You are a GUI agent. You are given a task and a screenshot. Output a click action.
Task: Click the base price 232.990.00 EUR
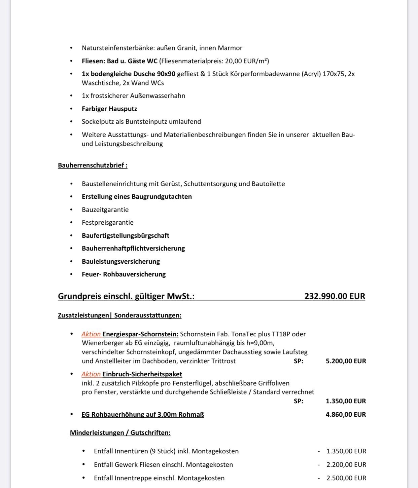coord(335,296)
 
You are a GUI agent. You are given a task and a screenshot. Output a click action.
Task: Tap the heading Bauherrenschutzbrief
coord(93,165)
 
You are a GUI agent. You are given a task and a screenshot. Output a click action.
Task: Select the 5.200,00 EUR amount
coord(346,361)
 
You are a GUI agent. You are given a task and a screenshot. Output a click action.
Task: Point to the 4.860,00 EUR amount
coord(346,414)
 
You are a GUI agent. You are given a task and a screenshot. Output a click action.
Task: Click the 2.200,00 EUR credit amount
coord(346,464)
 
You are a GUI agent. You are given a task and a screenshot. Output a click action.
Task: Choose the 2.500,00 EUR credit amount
coord(346,478)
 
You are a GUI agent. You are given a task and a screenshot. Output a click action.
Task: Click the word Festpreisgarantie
coord(108,222)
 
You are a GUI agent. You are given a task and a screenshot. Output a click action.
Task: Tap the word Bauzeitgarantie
coord(105,210)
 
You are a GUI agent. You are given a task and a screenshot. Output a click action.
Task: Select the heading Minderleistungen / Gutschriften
coord(120,433)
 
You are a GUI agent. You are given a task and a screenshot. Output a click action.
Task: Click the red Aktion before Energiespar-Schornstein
coord(91,334)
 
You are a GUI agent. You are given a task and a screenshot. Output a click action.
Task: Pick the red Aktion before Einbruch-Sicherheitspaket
coord(91,374)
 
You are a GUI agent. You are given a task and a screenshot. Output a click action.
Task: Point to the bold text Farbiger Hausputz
coord(109,109)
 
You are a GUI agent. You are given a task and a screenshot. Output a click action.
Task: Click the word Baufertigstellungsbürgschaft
coord(126,235)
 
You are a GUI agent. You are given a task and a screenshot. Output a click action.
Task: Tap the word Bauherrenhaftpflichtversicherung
coord(133,248)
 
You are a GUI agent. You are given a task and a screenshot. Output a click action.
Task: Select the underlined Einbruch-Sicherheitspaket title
coord(142,374)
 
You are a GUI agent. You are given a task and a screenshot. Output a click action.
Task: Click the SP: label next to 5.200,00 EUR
coord(299,361)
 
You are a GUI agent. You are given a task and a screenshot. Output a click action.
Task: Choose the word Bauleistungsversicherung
coord(121,261)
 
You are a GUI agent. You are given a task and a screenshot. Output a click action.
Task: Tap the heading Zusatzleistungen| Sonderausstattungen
coord(119,315)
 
